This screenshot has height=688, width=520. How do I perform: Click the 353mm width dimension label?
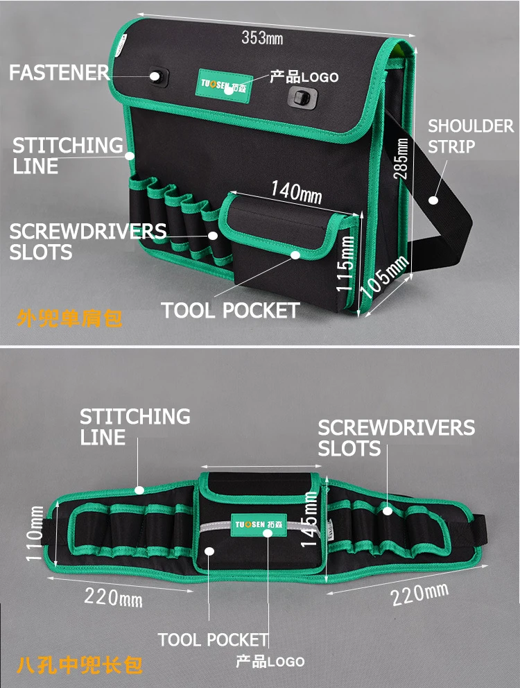point(262,37)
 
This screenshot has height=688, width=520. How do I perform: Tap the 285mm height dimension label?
point(401,158)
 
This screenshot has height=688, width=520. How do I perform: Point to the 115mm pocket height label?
point(345,264)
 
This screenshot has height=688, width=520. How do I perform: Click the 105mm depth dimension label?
point(385,277)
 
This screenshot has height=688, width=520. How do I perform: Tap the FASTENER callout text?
point(59,72)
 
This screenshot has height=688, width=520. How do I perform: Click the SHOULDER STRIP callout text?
point(470,136)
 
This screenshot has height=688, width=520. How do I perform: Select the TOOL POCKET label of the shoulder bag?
point(230,310)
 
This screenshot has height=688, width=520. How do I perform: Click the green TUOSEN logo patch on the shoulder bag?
point(224,85)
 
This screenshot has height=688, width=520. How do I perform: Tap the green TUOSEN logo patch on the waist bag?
point(259,524)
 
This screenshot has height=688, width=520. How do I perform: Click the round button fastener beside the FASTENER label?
point(156,77)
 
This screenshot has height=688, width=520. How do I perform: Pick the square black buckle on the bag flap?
point(302,96)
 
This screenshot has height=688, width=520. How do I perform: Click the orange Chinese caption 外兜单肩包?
point(69,318)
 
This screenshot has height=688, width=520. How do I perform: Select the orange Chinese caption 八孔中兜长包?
point(80,665)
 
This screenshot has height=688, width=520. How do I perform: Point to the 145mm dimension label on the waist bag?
point(309,519)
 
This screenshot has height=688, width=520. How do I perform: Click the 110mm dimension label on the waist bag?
point(35,533)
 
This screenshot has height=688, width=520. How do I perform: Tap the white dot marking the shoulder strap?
point(433,200)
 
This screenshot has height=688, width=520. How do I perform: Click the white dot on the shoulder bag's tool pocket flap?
point(295,255)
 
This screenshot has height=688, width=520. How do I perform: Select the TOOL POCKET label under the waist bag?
point(213,639)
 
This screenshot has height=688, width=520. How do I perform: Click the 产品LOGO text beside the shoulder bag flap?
point(304,77)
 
